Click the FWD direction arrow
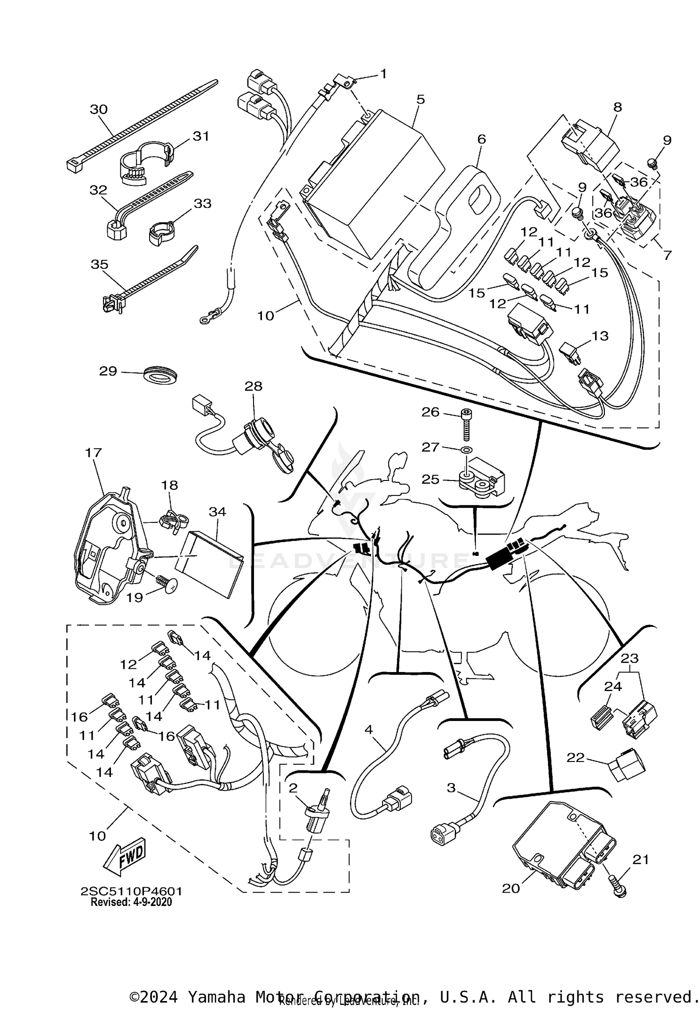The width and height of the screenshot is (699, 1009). [124, 858]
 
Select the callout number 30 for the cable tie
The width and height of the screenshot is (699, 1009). [99, 109]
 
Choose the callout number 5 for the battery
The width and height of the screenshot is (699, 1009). [421, 99]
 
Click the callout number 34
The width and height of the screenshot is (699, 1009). [217, 512]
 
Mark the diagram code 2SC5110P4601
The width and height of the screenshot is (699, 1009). [131, 891]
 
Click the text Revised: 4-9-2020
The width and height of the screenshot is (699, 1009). [131, 902]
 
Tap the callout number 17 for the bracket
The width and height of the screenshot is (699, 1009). [93, 452]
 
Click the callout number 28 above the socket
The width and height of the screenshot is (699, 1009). [254, 386]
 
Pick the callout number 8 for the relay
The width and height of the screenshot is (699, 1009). [617, 107]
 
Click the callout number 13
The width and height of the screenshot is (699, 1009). [600, 336]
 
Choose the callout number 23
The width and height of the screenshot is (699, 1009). [629, 659]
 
